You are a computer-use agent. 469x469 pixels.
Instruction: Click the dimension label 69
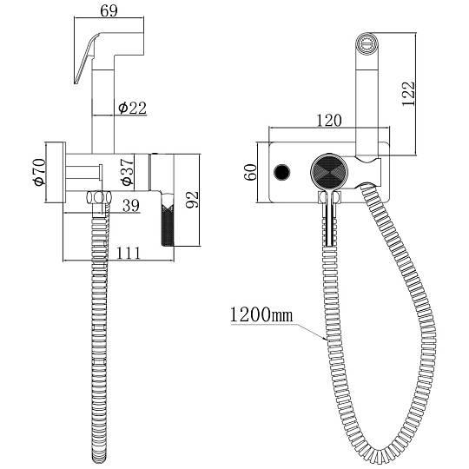pos(109,10)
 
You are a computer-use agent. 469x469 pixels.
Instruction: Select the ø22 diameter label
pos(133,108)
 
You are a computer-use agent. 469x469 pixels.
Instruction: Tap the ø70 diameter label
pos(40,172)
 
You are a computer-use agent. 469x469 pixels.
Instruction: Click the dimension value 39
pos(131,206)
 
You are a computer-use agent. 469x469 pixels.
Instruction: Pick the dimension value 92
pos(192,200)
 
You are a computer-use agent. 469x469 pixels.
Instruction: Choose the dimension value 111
pos(128,253)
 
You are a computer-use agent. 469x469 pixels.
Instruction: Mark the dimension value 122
pos(408,93)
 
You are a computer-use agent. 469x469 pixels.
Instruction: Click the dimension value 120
pos(328,120)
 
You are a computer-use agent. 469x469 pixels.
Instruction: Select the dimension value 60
pos(251,172)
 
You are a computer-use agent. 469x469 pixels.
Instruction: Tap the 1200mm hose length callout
pos(261,315)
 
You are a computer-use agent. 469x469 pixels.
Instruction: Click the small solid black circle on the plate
pos(282,172)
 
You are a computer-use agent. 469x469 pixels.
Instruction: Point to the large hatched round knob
pos(329,172)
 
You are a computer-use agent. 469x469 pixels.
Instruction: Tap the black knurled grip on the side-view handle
pos(168,224)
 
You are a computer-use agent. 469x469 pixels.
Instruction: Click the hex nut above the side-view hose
pos(99,198)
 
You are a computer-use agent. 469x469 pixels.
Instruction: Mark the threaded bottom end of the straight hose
pos(99,458)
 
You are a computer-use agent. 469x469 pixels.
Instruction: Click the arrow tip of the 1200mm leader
pos(327,340)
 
